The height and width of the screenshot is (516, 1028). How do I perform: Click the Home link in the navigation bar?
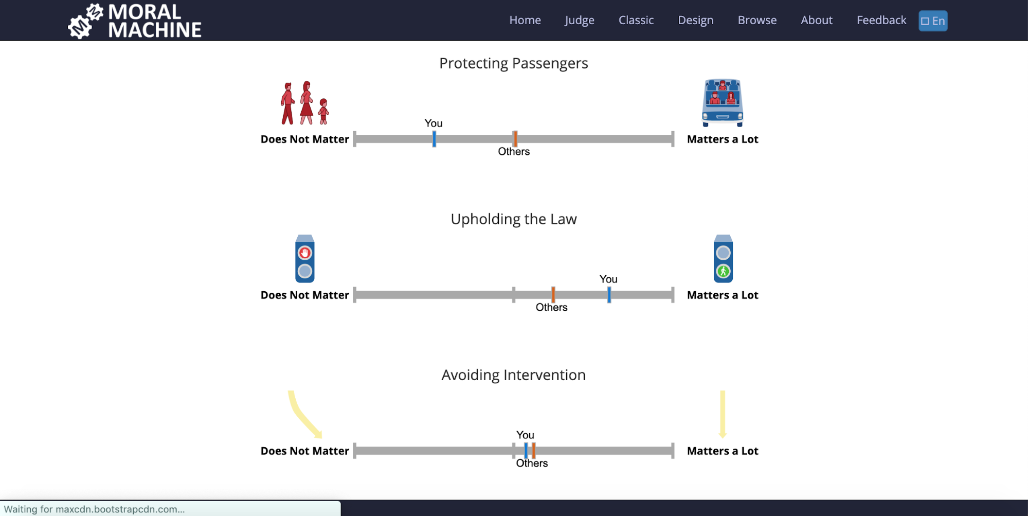pyautogui.click(x=525, y=20)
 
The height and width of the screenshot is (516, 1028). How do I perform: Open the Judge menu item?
pyautogui.click(x=579, y=20)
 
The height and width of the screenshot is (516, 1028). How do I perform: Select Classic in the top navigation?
pyautogui.click(x=636, y=20)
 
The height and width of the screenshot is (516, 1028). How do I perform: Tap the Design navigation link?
pyautogui.click(x=695, y=20)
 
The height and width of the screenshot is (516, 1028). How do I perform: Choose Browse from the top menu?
pyautogui.click(x=757, y=20)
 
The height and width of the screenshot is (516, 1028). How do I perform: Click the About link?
pyautogui.click(x=816, y=20)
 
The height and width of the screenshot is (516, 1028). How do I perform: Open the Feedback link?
pyautogui.click(x=881, y=20)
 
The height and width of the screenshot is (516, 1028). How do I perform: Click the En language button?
pyautogui.click(x=933, y=21)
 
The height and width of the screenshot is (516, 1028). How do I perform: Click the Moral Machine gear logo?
pyautogui.click(x=85, y=21)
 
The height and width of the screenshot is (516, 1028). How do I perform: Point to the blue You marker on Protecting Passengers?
pyautogui.click(x=434, y=139)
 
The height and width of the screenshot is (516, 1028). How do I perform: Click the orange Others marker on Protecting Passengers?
pyautogui.click(x=515, y=139)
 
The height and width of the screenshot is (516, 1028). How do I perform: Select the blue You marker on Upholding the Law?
pyautogui.click(x=609, y=295)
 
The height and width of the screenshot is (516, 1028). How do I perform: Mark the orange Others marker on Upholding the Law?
pyautogui.click(x=553, y=295)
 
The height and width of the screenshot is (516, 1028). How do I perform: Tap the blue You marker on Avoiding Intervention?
pyautogui.click(x=526, y=451)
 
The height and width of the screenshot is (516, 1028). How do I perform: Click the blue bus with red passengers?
pyautogui.click(x=723, y=102)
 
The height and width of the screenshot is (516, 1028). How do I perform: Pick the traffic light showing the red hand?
pyautogui.click(x=305, y=259)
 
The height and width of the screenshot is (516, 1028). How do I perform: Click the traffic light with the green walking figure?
pyautogui.click(x=723, y=259)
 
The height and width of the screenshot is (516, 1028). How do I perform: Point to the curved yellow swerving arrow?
pyautogui.click(x=303, y=414)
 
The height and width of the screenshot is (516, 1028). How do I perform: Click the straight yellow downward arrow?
pyautogui.click(x=723, y=414)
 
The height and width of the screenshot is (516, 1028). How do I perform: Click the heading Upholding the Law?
pyautogui.click(x=513, y=219)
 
